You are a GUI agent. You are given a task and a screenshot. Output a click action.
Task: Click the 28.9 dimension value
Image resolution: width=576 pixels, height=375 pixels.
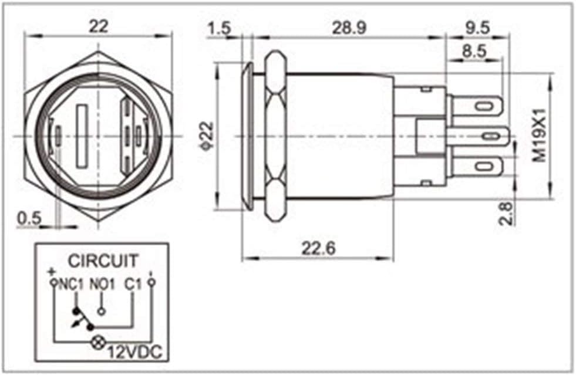click(349, 28)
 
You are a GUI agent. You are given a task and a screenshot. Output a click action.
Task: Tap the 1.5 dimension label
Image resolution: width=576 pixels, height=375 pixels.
click(219, 28)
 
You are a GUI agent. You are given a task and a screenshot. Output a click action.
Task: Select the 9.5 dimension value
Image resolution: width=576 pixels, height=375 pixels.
click(477, 28)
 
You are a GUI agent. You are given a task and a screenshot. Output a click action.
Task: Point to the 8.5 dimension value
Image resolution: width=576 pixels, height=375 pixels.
click(474, 51)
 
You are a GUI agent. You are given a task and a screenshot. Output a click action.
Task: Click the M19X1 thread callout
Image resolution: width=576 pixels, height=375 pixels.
click(540, 135)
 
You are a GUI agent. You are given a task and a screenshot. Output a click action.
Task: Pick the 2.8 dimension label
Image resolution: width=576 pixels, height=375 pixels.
click(506, 213)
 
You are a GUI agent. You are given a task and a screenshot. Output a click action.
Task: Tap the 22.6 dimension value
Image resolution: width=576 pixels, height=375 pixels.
click(319, 249)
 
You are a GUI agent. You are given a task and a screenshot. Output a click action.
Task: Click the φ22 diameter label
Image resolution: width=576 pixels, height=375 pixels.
click(207, 136)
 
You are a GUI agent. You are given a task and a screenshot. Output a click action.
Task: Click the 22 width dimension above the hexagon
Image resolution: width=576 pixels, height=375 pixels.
click(99, 26)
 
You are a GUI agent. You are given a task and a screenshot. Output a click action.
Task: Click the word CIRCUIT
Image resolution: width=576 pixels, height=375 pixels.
click(103, 261)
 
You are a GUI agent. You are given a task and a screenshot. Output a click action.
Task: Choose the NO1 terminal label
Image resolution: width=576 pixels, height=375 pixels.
click(103, 284)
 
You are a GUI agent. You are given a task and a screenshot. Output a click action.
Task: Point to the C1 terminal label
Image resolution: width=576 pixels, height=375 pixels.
click(133, 284)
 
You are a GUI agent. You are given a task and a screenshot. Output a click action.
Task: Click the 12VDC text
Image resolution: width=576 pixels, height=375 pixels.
click(135, 352)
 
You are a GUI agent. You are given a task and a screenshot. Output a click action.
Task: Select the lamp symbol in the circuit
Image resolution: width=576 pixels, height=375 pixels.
click(97, 343)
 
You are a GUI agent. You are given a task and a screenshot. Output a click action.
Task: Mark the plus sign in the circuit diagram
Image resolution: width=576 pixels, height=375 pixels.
click(52, 272)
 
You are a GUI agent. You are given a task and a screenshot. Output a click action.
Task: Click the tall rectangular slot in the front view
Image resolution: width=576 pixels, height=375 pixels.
click(81, 136)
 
